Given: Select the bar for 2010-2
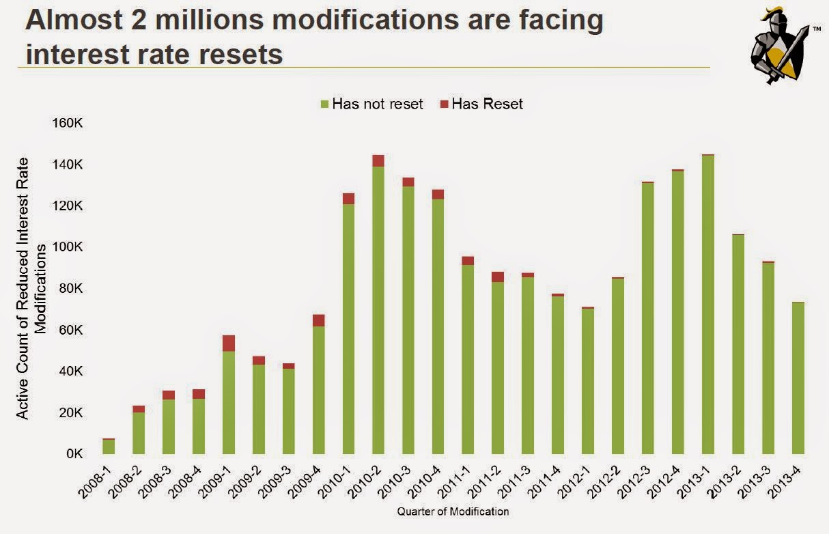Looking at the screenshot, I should [x=378, y=307].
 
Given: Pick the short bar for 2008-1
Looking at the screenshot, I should [x=109, y=447].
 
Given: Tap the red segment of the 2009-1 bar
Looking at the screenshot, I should [x=229, y=343].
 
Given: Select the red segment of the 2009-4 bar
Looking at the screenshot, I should [x=319, y=320].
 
